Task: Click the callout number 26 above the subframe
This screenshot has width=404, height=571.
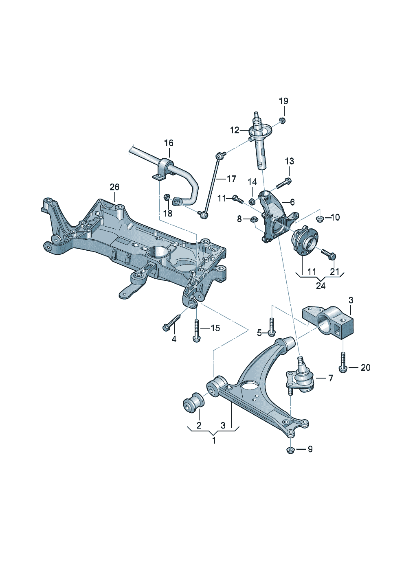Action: tap(114, 187)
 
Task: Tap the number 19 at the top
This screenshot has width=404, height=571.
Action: tap(283, 101)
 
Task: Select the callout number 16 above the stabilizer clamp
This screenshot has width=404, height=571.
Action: tap(169, 143)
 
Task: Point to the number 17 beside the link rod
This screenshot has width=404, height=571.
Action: tap(231, 179)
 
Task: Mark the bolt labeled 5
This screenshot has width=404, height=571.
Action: tap(272, 327)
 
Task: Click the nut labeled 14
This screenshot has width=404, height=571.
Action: tap(252, 201)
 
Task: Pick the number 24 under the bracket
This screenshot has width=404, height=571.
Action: tap(321, 286)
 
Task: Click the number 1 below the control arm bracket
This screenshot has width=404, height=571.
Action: tap(214, 440)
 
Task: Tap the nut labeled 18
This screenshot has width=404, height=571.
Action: tap(167, 198)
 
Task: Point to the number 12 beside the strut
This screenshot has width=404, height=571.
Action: tap(235, 130)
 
